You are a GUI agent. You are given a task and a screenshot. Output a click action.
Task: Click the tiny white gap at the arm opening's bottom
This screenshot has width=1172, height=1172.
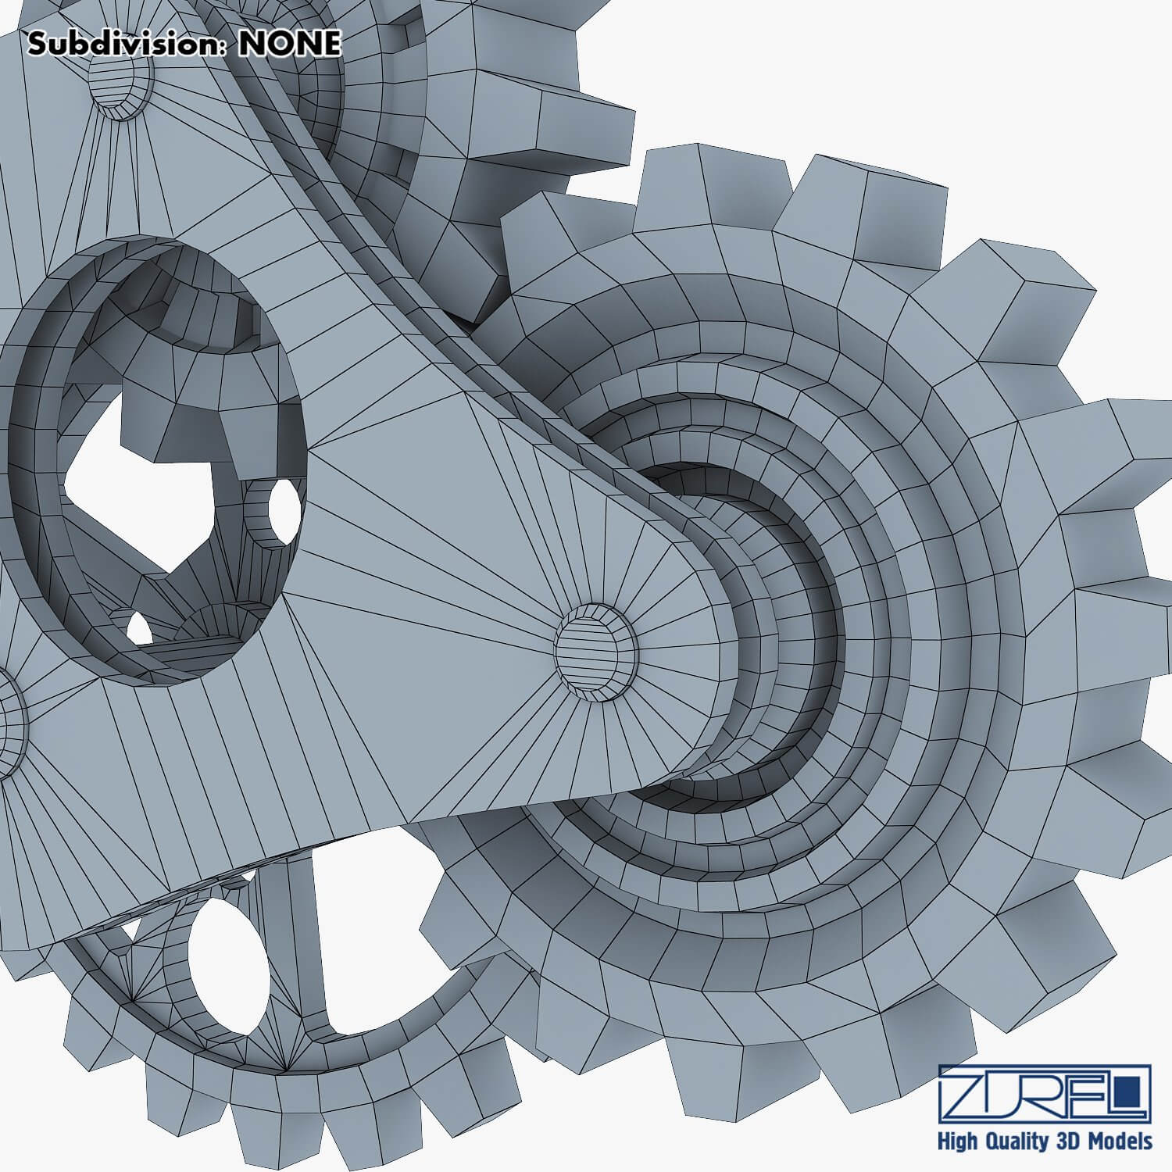(138, 627)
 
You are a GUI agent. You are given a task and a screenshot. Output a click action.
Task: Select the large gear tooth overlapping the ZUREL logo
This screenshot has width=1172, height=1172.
(938, 1047)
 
